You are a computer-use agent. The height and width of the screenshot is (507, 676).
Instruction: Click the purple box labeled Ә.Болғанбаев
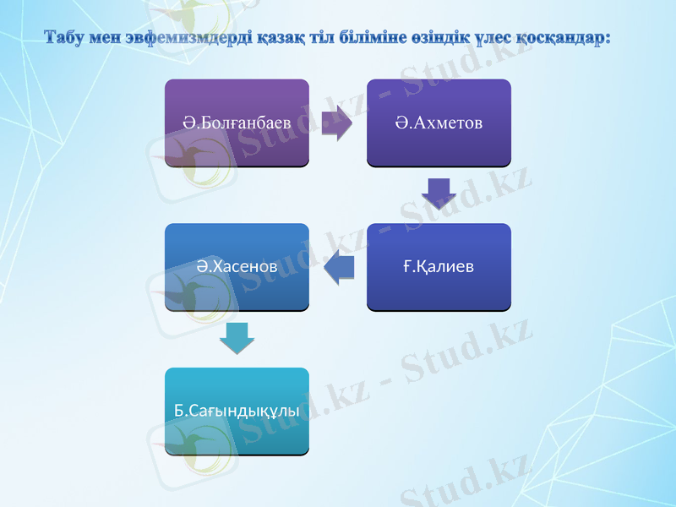pyautogui.click(x=237, y=122)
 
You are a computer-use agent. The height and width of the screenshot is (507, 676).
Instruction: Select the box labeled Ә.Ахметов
pyautogui.click(x=439, y=122)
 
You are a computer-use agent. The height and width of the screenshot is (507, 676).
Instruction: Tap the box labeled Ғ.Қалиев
pyautogui.click(x=439, y=266)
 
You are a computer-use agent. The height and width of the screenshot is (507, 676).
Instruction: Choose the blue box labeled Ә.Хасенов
pyautogui.click(x=237, y=266)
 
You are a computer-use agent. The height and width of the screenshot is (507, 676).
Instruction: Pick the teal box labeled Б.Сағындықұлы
pyautogui.click(x=237, y=411)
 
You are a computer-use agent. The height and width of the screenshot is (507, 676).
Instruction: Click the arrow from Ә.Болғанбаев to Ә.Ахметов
pyautogui.click(x=337, y=123)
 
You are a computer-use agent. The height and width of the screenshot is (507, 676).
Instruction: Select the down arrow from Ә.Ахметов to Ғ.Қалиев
pyautogui.click(x=439, y=194)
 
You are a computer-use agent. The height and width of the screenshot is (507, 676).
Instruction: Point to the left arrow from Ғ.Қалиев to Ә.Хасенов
pyautogui.click(x=339, y=267)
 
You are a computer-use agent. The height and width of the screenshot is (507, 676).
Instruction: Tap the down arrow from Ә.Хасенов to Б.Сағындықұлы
pyautogui.click(x=237, y=338)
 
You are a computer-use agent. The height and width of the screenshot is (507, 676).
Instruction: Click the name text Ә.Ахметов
pyautogui.click(x=439, y=123)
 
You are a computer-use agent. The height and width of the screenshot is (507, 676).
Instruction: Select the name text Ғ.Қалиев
pyautogui.click(x=439, y=267)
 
